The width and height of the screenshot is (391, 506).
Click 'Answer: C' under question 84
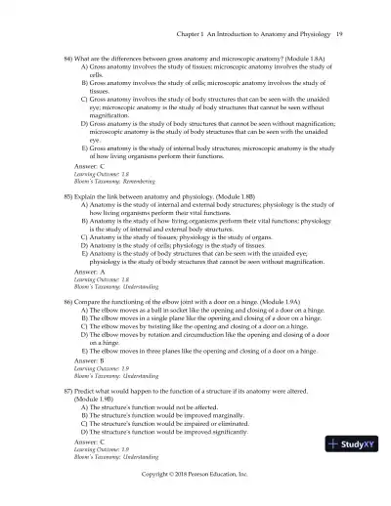click(x=89, y=167)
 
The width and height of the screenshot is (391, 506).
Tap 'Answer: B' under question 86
click(x=89, y=359)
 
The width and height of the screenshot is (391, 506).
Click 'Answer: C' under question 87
click(x=89, y=443)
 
